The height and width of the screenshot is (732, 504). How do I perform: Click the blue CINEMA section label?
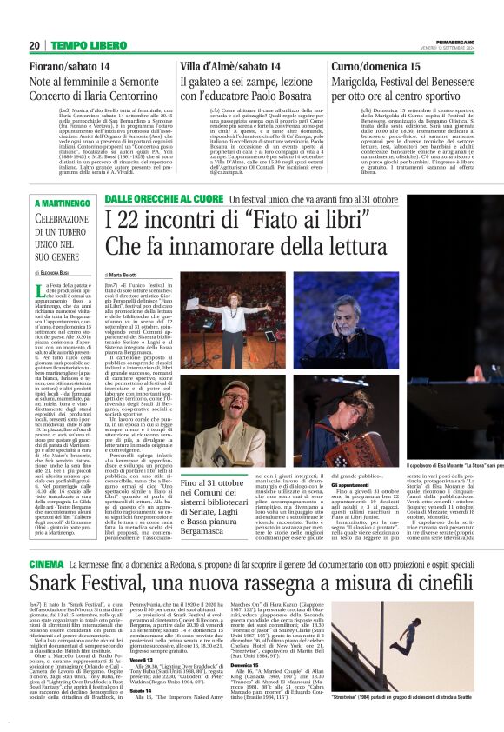[x=23, y=564]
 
